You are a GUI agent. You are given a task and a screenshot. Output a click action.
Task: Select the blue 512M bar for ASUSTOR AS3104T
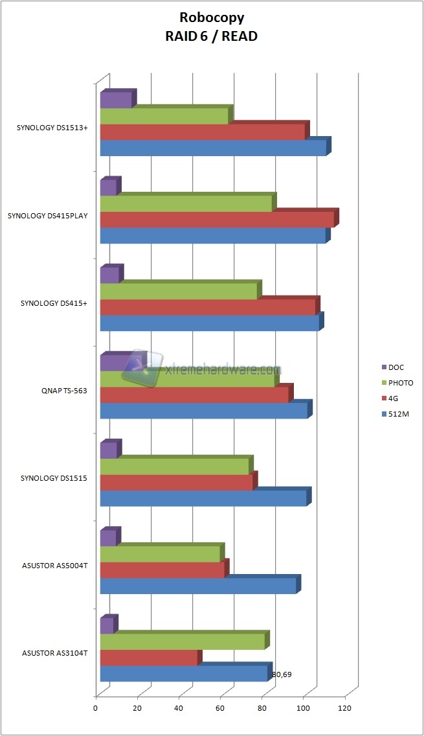pyautogui.click(x=184, y=674)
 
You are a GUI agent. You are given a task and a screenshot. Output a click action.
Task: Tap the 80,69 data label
pyautogui.click(x=282, y=674)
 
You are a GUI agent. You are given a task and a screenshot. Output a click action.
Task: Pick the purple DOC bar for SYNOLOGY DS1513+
pyautogui.click(x=116, y=100)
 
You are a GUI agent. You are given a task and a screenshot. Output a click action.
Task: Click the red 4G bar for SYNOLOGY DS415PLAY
pyautogui.click(x=217, y=220)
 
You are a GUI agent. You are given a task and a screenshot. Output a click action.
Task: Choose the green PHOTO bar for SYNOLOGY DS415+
pyautogui.click(x=179, y=292)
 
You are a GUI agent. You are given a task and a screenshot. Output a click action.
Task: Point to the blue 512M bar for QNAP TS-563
pyautogui.click(x=204, y=411)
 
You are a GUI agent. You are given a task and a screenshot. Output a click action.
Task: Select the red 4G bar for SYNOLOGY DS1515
pyautogui.click(x=176, y=483)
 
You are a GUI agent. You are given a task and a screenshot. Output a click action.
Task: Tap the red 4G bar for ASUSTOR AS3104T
pyautogui.click(x=149, y=658)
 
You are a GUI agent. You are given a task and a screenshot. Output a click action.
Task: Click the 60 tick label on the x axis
pyautogui.click(x=220, y=709)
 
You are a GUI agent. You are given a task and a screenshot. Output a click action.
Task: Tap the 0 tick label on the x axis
pyautogui.click(x=96, y=709)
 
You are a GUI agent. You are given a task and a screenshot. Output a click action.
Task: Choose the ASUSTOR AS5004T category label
pyautogui.click(x=54, y=566)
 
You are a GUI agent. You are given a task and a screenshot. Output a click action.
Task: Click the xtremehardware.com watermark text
pyautogui.click(x=220, y=371)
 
